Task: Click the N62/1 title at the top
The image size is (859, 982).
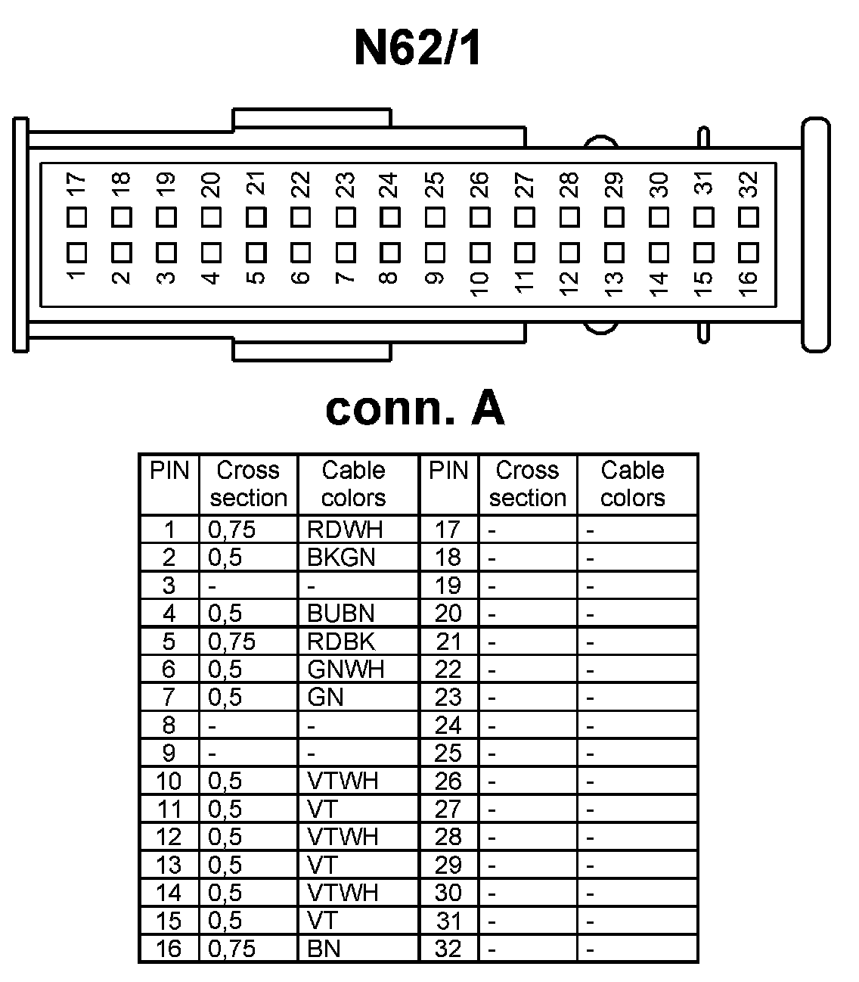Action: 418,49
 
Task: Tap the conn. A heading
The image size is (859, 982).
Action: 415,409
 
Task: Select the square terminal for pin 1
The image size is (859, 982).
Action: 76,250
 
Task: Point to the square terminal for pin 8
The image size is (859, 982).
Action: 390,250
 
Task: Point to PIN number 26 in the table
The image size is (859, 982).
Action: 448,781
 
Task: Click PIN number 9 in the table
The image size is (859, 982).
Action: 169,753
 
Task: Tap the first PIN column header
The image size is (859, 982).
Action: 169,471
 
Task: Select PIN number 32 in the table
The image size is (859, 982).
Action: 448,949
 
